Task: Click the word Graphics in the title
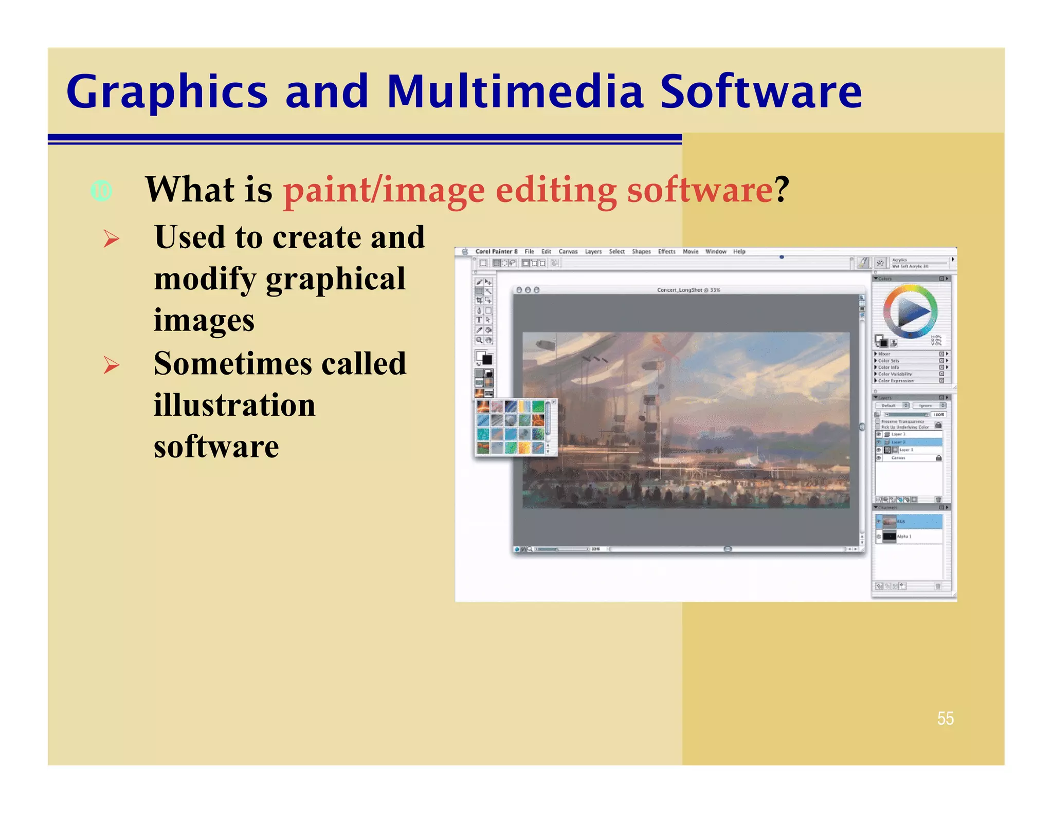167,93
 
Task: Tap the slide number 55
945,718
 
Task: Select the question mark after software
782,190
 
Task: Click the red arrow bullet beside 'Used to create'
111,238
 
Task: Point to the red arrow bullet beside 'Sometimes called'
111,365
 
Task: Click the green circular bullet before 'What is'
101,191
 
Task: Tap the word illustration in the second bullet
234,405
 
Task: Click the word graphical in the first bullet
335,279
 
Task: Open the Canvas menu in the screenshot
568,252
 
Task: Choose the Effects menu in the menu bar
666,252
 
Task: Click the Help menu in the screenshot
739,252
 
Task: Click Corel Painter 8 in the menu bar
496,252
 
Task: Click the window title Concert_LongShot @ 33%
688,290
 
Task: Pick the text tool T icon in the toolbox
479,320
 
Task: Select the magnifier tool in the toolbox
479,340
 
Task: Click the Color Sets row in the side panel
888,361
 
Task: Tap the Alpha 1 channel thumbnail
889,537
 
